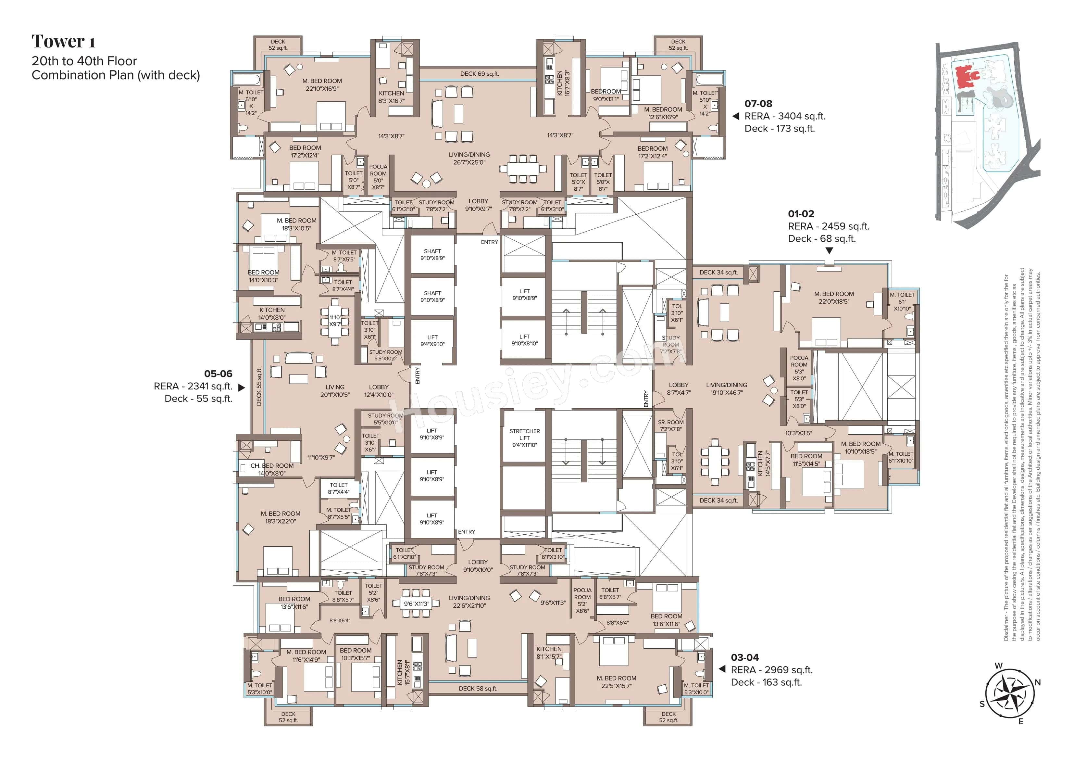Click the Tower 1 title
pyautogui.click(x=63, y=42)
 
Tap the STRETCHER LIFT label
pyautogui.click(x=524, y=438)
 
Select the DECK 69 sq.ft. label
pyautogui.click(x=479, y=74)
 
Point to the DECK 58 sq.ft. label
pyautogui.click(x=478, y=688)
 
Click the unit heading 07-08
pyautogui.click(x=758, y=104)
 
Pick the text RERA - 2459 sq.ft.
pyautogui.click(x=828, y=226)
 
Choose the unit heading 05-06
pyautogui.click(x=218, y=374)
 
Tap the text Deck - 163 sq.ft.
pyautogui.click(x=766, y=682)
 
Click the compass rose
pyautogui.click(x=1009, y=694)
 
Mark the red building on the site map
pyautogui.click(x=965, y=77)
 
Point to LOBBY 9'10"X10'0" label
pyautogui.click(x=478, y=566)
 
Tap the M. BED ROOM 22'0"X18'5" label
pyautogui.click(x=833, y=298)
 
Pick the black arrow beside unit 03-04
pyautogui.click(x=722, y=669)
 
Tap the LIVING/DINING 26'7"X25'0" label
pyautogui.click(x=469, y=159)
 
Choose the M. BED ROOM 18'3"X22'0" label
pyautogui.click(x=281, y=517)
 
